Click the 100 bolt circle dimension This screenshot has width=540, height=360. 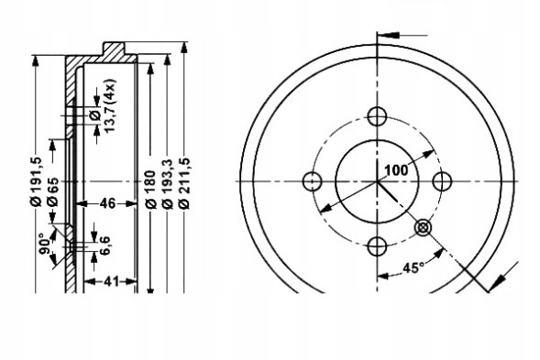click(396, 169)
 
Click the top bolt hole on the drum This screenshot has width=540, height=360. click(377, 116)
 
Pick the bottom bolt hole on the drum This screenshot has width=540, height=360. click(377, 245)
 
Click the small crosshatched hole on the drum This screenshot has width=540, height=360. click(423, 226)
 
